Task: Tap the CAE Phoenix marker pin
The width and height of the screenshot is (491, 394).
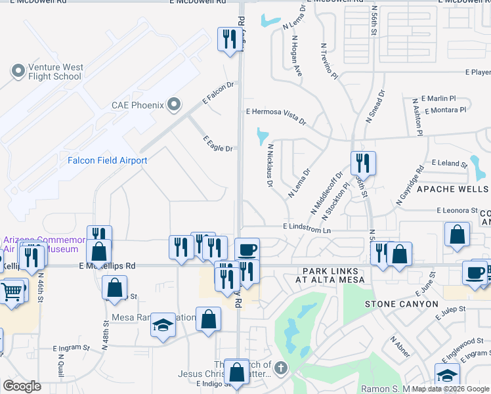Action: click(x=174, y=104)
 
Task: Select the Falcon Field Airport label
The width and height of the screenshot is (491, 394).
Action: click(x=108, y=160)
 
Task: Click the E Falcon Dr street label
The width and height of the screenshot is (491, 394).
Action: click(x=219, y=94)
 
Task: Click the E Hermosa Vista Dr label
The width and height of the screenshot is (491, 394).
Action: click(x=276, y=116)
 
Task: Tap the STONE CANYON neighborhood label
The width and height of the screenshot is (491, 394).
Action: click(x=401, y=304)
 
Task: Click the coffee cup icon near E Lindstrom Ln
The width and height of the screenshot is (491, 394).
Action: click(x=247, y=250)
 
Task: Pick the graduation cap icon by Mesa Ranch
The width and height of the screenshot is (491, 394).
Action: click(x=162, y=325)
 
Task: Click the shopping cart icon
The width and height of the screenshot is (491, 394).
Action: click(x=12, y=291)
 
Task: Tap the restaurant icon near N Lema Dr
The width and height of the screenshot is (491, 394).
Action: click(x=362, y=162)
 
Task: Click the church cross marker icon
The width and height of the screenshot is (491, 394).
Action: click(x=281, y=368)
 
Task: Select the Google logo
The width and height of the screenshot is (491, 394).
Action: click(x=22, y=386)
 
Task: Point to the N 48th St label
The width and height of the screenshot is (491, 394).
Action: click(x=104, y=334)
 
